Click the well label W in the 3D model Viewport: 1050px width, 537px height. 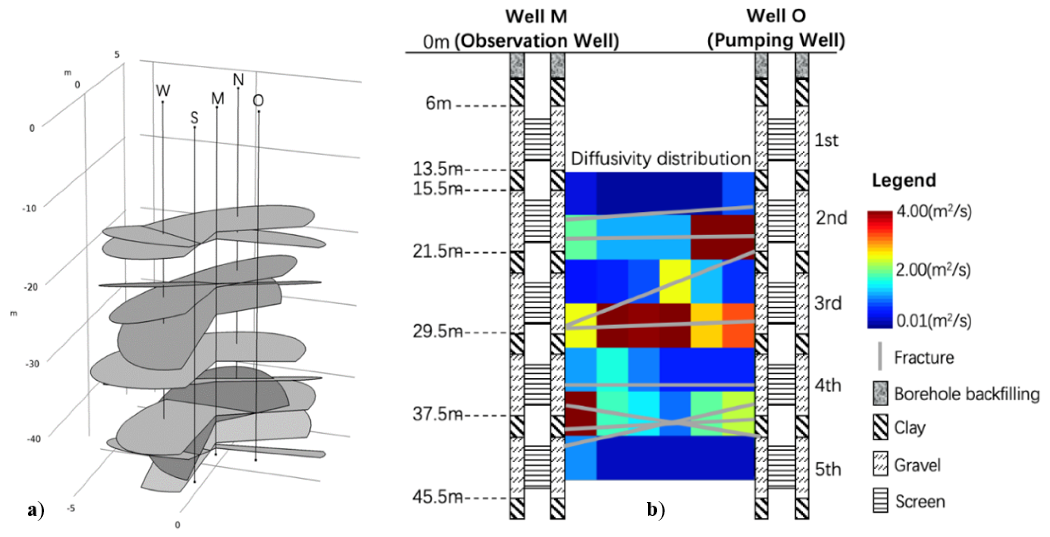point(163,90)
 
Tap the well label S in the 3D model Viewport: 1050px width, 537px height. point(194,118)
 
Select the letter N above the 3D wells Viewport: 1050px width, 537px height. point(238,80)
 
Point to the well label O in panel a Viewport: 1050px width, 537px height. point(258,101)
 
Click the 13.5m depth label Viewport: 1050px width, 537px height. point(437,169)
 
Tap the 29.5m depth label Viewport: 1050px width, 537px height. point(437,331)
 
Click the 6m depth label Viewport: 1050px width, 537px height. point(438,104)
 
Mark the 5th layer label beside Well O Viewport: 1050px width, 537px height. point(828,469)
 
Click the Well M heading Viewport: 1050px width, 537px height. point(536,17)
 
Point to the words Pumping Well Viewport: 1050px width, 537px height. point(776,40)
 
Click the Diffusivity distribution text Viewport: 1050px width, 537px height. point(660,158)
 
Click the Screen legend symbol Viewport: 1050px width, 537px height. point(880,500)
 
